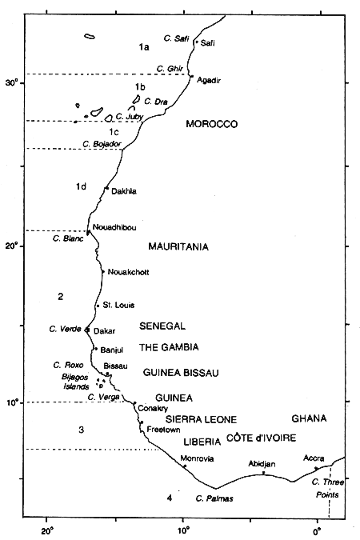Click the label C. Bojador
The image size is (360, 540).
coord(102,144)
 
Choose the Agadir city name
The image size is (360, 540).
coord(208,80)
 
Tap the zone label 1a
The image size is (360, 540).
coord(144,48)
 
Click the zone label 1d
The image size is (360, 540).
coord(81,186)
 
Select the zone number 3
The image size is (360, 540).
coord(81,430)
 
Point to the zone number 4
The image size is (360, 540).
coord(169,498)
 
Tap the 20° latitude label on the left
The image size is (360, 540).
coord(12,246)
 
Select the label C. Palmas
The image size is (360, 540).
coord(214,499)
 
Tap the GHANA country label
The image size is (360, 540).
coord(309,418)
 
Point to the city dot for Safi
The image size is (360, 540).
coord(197,42)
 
